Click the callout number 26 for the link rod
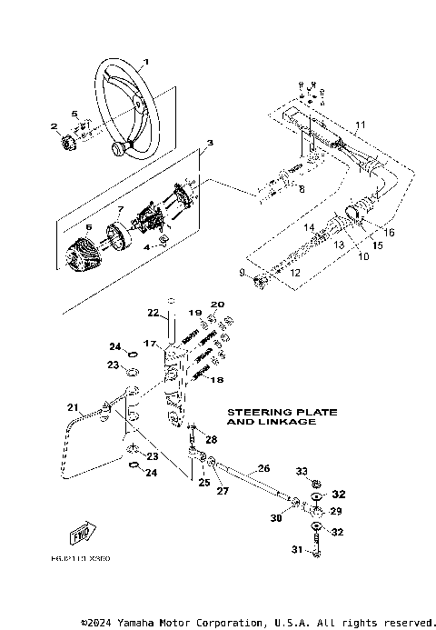(263, 468)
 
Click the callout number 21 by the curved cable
(73, 406)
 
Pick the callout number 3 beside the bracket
(210, 144)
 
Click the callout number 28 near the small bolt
(212, 439)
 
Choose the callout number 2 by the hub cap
(54, 126)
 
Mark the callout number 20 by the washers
(217, 305)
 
